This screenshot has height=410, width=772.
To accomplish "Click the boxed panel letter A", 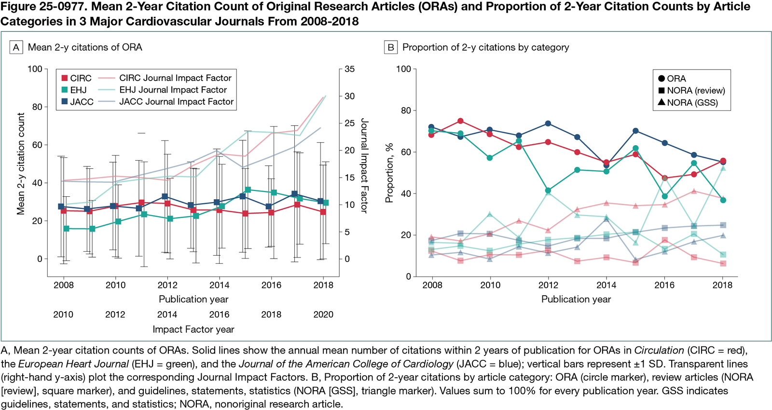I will tap(16, 47).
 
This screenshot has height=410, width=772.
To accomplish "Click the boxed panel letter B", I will tap(390, 47).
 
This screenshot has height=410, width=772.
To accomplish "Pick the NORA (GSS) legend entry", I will tap(688, 102).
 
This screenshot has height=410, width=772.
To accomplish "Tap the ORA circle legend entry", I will tap(672, 79).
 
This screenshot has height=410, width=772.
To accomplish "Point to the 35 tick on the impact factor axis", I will tap(350, 69).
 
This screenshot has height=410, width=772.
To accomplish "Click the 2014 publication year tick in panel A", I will tap(220, 285).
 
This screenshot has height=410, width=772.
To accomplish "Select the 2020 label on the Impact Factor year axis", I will tap(323, 314).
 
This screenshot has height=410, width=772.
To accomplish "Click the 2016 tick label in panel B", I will tap(664, 285).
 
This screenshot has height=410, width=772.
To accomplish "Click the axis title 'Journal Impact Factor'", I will tap(364, 165).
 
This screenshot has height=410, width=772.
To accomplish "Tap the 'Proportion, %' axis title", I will tap(389, 173).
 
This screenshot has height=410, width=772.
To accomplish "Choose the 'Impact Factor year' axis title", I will tap(193, 329).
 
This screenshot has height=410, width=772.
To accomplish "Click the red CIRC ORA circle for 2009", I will tap(461, 121).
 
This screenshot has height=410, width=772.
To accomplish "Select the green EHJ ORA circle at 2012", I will tap(548, 191).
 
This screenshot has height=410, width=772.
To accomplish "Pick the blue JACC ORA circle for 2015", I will tap(635, 131).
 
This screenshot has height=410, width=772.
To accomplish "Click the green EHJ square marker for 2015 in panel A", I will tap(248, 190).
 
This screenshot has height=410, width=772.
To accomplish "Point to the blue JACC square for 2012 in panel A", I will tap(165, 196).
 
